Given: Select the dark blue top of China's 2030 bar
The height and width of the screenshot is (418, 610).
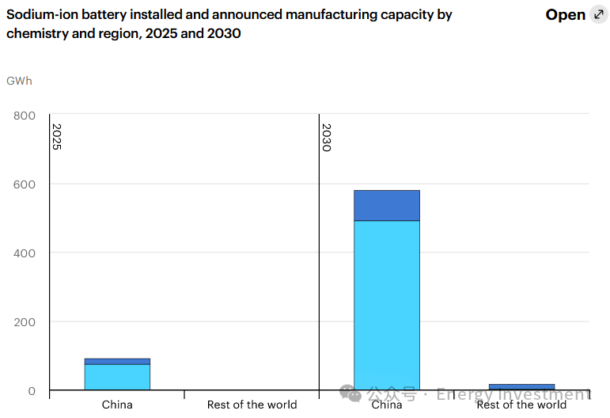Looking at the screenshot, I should click(x=386, y=205).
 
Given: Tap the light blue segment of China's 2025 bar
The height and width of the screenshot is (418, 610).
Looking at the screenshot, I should click(x=117, y=377).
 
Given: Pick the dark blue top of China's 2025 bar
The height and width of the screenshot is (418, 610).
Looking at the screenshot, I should click(x=117, y=361).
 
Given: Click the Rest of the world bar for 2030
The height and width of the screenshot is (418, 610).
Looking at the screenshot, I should click(x=521, y=387).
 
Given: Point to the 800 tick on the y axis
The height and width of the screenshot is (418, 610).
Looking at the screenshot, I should click(x=25, y=116).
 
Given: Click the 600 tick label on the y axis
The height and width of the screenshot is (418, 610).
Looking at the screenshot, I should click(x=25, y=184).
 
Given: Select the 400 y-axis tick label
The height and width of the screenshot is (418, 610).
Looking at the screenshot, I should click(x=25, y=253).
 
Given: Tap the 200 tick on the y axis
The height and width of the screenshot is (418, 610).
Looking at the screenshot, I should click(x=25, y=322).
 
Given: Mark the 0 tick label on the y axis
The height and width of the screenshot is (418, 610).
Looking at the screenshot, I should click(x=32, y=391).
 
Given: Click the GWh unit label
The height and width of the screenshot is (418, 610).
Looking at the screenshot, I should click(x=20, y=81).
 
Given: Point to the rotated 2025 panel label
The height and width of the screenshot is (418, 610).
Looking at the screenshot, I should click(x=57, y=136).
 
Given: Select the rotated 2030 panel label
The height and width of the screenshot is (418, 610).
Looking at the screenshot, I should click(x=326, y=137).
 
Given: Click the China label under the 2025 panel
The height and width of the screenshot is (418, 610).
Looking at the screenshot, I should click(x=117, y=405).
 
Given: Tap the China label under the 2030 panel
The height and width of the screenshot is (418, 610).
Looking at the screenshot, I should click(x=386, y=405).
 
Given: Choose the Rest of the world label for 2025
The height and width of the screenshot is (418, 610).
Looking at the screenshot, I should click(x=252, y=405).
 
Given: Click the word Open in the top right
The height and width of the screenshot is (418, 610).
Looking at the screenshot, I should click(x=565, y=15).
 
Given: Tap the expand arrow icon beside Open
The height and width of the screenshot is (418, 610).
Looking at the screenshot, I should click(x=599, y=15).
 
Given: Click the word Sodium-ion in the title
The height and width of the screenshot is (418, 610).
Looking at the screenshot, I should click(x=40, y=15).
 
